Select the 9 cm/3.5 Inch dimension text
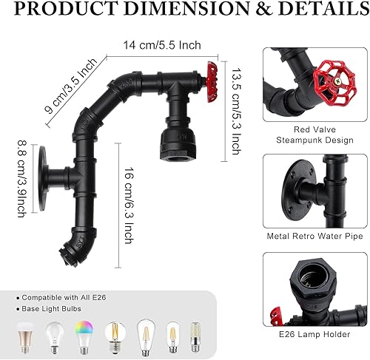tap(70, 87)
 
